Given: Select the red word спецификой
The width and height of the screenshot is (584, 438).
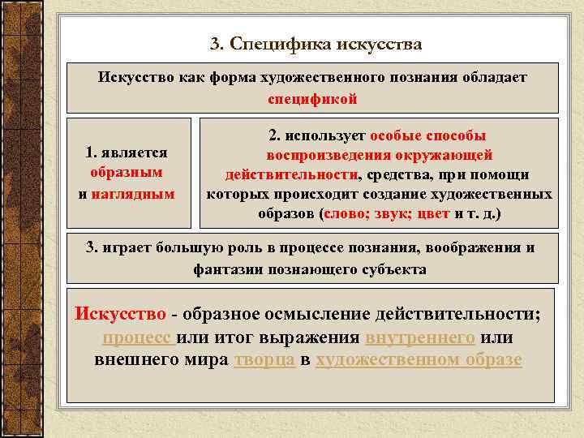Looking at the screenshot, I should pos(312,98).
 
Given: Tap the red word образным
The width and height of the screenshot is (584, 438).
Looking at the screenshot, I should pos(126,172).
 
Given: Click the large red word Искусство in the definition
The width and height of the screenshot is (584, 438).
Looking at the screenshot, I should pos(120,313).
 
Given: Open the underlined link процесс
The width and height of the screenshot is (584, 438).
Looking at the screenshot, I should pos(137,337).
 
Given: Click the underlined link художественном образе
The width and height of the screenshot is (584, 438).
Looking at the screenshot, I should pos(419,359).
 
